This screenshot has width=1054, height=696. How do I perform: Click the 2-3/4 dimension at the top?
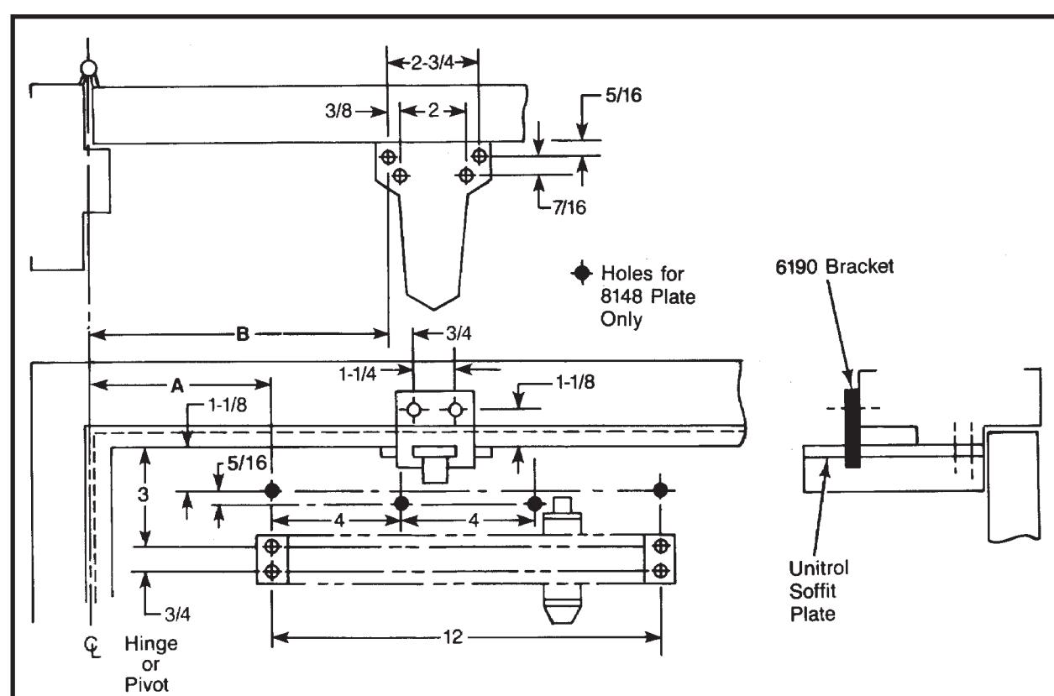[433, 62]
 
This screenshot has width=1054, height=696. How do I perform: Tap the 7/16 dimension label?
[569, 207]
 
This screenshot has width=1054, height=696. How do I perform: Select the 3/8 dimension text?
[338, 111]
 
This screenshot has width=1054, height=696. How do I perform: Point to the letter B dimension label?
[243, 334]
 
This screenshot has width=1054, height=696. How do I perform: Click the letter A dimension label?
[177, 386]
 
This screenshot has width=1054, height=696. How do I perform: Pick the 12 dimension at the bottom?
[453, 637]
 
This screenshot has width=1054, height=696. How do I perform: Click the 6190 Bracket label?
[834, 267]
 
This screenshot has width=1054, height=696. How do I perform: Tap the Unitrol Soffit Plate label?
[818, 591]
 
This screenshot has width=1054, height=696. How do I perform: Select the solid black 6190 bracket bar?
[852, 428]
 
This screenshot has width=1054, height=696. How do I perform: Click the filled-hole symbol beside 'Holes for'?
[582, 273]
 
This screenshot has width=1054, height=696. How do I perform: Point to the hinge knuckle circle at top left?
[88, 68]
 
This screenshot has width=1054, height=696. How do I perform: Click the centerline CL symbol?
[92, 646]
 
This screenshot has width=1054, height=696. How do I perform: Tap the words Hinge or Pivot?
[150, 664]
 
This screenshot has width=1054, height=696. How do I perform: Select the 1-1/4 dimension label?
[358, 374]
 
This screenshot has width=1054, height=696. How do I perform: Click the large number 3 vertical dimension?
[143, 495]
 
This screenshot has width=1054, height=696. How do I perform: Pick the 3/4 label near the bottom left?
[177, 615]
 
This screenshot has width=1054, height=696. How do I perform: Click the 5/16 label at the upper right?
[623, 96]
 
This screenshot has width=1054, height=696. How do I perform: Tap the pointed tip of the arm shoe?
[433, 310]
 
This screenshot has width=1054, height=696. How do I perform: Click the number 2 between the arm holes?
[433, 111]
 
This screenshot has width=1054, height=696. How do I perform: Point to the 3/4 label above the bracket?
[459, 334]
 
